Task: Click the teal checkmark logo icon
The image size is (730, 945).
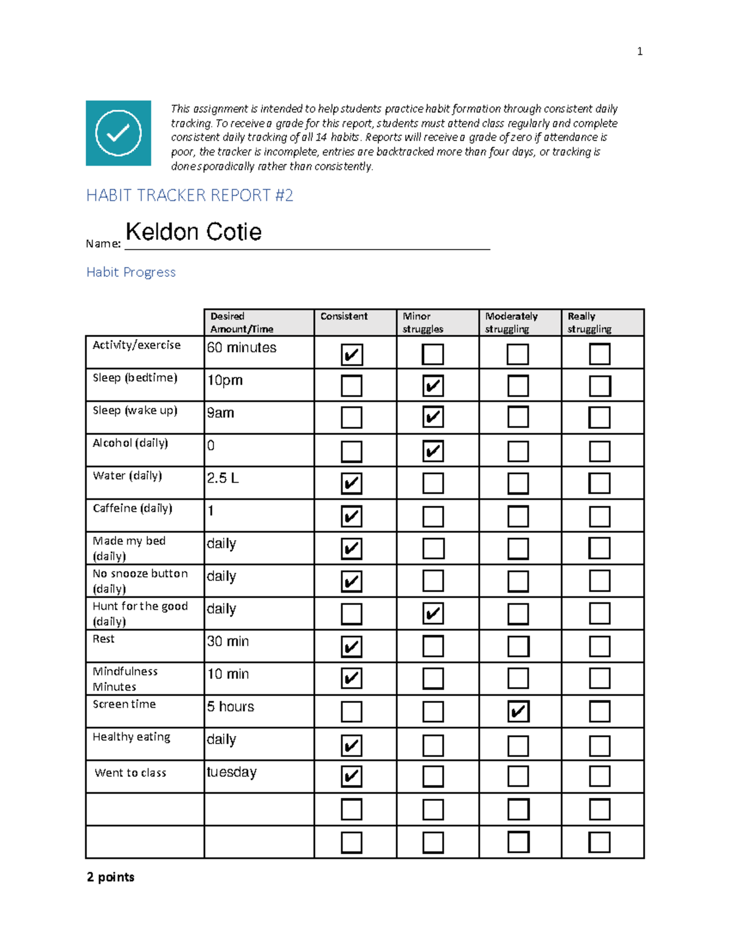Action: tap(118, 133)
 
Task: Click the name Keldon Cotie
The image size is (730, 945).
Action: tap(193, 232)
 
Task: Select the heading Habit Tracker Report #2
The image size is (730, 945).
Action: tap(189, 195)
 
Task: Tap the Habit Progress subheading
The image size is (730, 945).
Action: tap(131, 272)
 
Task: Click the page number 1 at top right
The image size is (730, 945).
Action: tap(639, 52)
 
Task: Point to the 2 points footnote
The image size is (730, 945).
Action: tap(110, 877)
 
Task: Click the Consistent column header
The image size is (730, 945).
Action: tap(344, 316)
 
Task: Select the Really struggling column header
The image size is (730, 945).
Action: tap(589, 323)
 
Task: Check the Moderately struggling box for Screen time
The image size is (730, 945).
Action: tap(518, 711)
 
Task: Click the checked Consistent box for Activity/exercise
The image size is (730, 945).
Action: tap(352, 354)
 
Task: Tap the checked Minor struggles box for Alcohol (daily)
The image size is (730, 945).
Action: tap(433, 451)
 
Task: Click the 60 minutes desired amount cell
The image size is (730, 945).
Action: tap(242, 347)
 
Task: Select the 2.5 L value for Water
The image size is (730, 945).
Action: tap(223, 478)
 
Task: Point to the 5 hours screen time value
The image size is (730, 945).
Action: tap(230, 706)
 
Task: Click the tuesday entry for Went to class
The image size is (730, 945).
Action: tap(231, 772)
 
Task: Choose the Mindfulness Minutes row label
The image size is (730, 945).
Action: tap(125, 679)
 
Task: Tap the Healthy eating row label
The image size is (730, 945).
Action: tap(131, 737)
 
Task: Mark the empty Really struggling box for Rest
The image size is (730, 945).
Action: tap(599, 646)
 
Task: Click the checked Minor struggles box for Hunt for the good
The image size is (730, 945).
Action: tap(433, 613)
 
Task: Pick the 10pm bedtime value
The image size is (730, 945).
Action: tap(224, 380)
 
